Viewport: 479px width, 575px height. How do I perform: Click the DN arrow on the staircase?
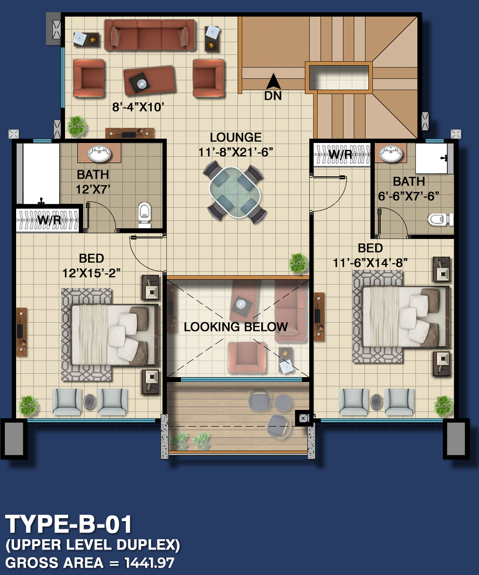pyautogui.click(x=273, y=81)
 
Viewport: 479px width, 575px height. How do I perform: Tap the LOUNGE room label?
pyautogui.click(x=236, y=138)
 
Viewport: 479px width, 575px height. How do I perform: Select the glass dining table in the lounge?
pyautogui.click(x=235, y=192)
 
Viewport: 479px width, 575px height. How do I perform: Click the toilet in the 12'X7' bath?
pyautogui.click(x=145, y=214)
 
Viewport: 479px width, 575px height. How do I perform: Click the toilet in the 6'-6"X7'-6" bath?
pyautogui.click(x=439, y=219)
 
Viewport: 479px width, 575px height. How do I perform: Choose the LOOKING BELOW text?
pyautogui.click(x=236, y=327)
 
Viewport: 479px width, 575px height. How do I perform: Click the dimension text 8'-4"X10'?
pyautogui.click(x=138, y=107)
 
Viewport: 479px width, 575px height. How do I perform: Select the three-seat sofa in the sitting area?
pyautogui.click(x=149, y=34)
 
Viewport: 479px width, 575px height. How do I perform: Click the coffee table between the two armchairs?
pyautogui.click(x=148, y=81)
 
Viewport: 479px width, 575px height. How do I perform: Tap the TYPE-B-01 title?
pyautogui.click(x=68, y=524)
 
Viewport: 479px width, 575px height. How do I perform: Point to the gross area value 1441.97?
pyautogui.click(x=149, y=563)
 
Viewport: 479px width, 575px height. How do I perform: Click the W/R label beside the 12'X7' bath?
pyautogui.click(x=49, y=220)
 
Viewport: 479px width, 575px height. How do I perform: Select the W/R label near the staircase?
pyautogui.click(x=341, y=155)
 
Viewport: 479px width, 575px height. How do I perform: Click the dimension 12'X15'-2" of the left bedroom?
pyautogui.click(x=91, y=273)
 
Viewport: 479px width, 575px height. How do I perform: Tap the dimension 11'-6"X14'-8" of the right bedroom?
pyautogui.click(x=370, y=263)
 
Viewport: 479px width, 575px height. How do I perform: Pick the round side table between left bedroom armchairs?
pyautogui.click(x=90, y=402)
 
